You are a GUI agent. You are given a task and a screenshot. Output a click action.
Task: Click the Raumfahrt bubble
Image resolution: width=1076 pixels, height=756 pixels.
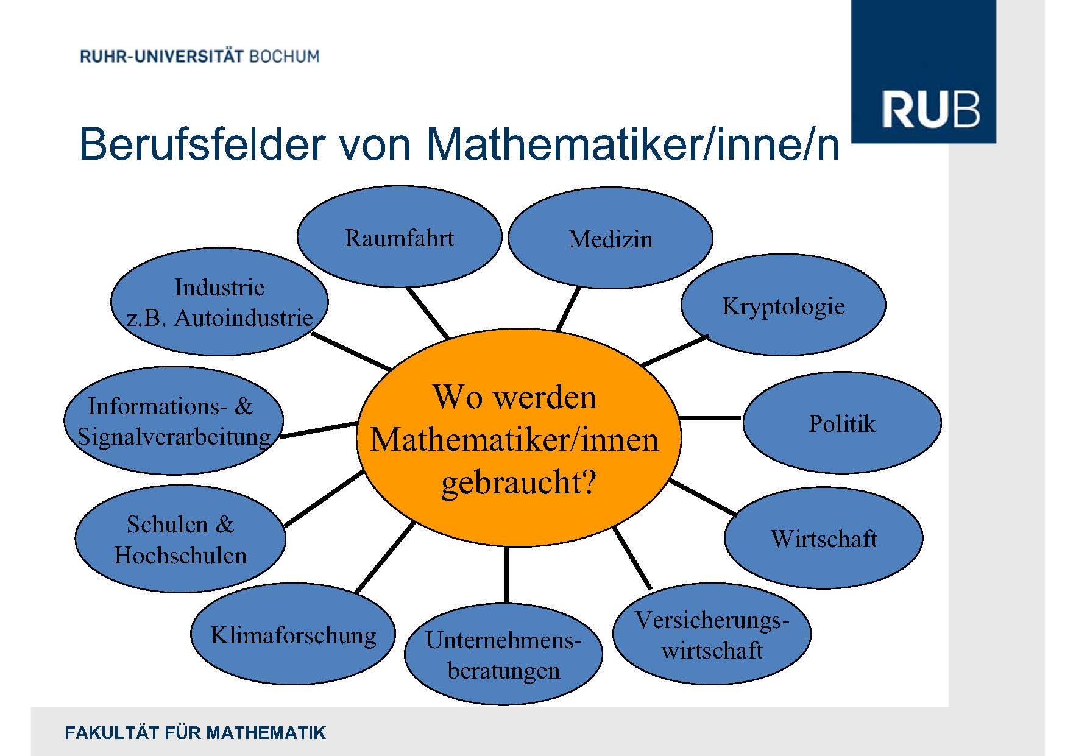coord(399,237)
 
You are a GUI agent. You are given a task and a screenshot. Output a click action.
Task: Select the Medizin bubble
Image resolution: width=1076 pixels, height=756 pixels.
coord(610,238)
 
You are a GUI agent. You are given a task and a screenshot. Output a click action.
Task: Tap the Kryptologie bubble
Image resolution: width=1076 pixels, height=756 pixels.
coord(783,305)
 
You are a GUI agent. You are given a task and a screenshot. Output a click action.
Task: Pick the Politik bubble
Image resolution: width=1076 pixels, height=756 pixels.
coord(842,423)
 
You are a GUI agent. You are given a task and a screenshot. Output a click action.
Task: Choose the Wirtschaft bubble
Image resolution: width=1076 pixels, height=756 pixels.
coord(823,538)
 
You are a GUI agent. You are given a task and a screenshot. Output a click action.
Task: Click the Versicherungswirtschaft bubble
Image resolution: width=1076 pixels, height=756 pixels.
coord(712,634)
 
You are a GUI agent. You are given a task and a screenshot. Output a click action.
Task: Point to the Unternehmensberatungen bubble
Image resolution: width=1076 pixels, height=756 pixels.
coord(503,654)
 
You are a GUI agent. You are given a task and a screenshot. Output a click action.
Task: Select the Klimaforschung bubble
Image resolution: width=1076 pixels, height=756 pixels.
coord(293,634)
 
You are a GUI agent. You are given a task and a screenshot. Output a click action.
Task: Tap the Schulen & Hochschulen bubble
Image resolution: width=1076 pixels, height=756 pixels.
coord(180,539)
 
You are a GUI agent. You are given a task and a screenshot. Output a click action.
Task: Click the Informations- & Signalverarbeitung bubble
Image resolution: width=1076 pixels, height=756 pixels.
coord(174,420)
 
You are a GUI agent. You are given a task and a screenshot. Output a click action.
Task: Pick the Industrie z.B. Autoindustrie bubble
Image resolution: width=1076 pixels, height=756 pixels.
coord(219,302)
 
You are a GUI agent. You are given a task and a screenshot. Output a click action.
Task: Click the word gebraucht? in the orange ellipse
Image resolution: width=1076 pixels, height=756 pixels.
coord(518,482)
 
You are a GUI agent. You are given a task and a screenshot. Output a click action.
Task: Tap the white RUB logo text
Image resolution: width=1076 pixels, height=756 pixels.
coord(930,110)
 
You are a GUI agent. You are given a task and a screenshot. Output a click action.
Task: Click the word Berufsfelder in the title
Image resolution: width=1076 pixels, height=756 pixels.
coord(202,144)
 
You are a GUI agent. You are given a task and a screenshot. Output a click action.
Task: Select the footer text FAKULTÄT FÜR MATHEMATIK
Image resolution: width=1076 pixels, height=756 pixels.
coord(195,732)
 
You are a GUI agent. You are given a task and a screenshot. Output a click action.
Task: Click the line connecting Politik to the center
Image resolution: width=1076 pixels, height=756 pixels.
coord(710,419)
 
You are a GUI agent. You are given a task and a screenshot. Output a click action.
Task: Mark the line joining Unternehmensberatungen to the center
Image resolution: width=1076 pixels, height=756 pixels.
coord(506,574)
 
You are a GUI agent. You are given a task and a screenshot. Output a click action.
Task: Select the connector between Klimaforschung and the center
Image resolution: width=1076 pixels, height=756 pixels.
coord(385,557)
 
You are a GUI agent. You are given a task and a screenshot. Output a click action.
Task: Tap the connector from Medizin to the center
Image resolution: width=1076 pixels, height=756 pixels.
coord(568,309)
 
